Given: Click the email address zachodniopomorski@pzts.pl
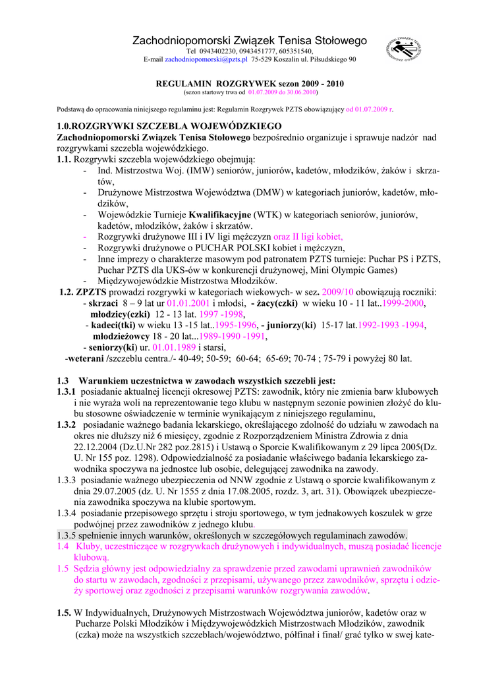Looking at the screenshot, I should coord(206,59).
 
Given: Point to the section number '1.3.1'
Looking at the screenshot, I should coord(67,392).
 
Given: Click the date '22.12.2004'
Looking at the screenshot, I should coord(99,447).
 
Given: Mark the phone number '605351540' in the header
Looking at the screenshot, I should coord(293,51).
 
